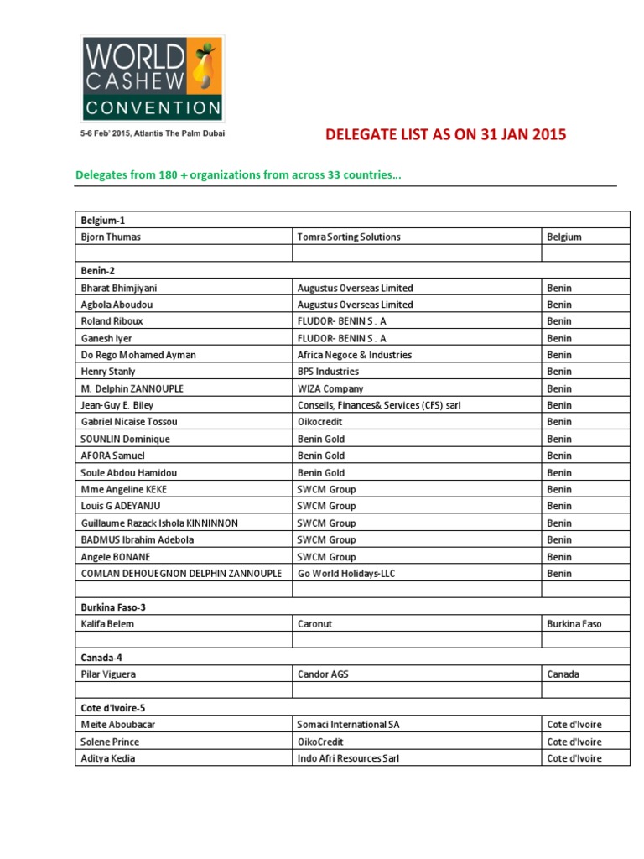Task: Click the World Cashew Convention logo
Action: click(152, 78)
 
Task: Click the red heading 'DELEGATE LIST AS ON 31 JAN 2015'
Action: click(445, 134)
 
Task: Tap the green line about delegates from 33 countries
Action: click(238, 175)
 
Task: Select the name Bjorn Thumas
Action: click(111, 237)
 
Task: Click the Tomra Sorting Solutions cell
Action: click(349, 237)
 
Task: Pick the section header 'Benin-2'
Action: click(97, 271)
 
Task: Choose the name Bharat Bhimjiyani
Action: click(118, 288)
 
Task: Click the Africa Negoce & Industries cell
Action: click(355, 355)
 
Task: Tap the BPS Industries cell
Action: click(328, 372)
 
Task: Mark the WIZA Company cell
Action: click(330, 388)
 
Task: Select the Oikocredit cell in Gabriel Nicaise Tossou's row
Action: click(321, 422)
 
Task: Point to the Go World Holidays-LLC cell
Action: click(346, 573)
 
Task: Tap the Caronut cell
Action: click(316, 624)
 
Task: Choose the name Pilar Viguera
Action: click(108, 674)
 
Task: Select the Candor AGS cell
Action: click(323, 674)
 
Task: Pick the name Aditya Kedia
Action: click(108, 758)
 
